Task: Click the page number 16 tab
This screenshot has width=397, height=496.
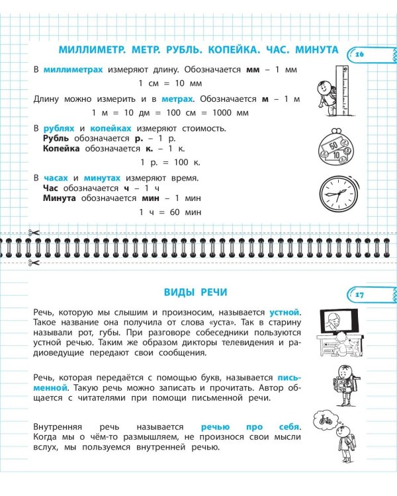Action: [x=361, y=54]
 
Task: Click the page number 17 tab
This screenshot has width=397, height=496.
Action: [x=361, y=295]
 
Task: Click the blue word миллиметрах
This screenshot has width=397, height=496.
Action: [x=73, y=69]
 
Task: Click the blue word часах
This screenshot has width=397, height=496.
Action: [x=56, y=178]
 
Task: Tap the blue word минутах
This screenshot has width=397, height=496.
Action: [x=101, y=178]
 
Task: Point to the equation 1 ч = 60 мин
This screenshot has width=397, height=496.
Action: [x=170, y=212]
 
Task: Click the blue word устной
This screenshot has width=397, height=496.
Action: [x=285, y=311]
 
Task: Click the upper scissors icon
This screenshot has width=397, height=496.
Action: [x=34, y=233]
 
